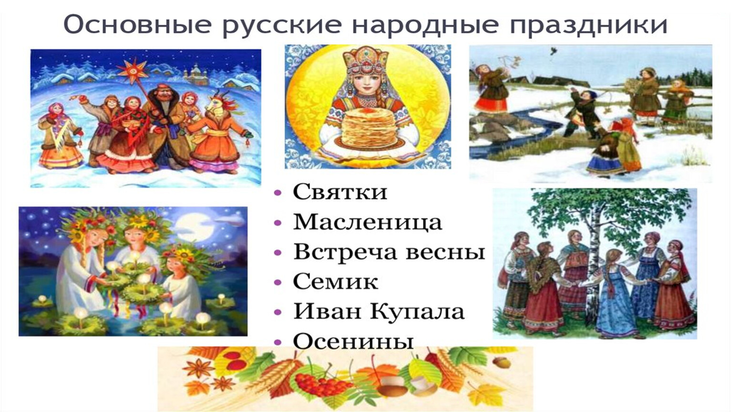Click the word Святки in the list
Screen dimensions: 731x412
pyautogui.click(x=340, y=192)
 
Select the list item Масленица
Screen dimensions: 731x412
pyautogui.click(x=368, y=222)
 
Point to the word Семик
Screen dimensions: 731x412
pyautogui.click(x=336, y=282)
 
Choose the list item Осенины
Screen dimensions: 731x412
pyautogui.click(x=353, y=341)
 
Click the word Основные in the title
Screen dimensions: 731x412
pyautogui.click(x=137, y=24)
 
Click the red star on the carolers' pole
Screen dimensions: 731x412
pyautogui.click(x=133, y=71)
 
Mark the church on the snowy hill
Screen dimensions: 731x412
pyautogui.click(x=195, y=74)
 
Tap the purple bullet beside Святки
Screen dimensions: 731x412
pyautogui.click(x=278, y=193)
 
